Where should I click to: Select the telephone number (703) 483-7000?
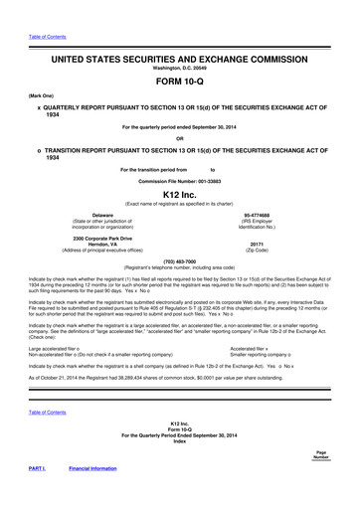click(x=180, y=262)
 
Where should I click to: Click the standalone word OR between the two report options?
click(x=180, y=136)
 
